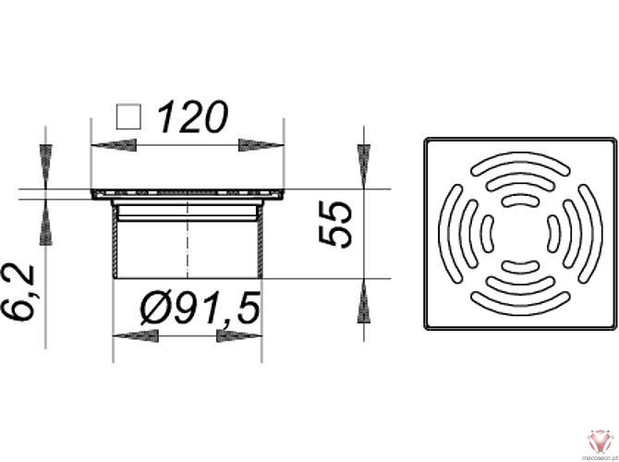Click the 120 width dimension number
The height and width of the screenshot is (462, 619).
(x=192, y=117)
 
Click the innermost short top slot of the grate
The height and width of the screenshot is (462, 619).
(x=520, y=201)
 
